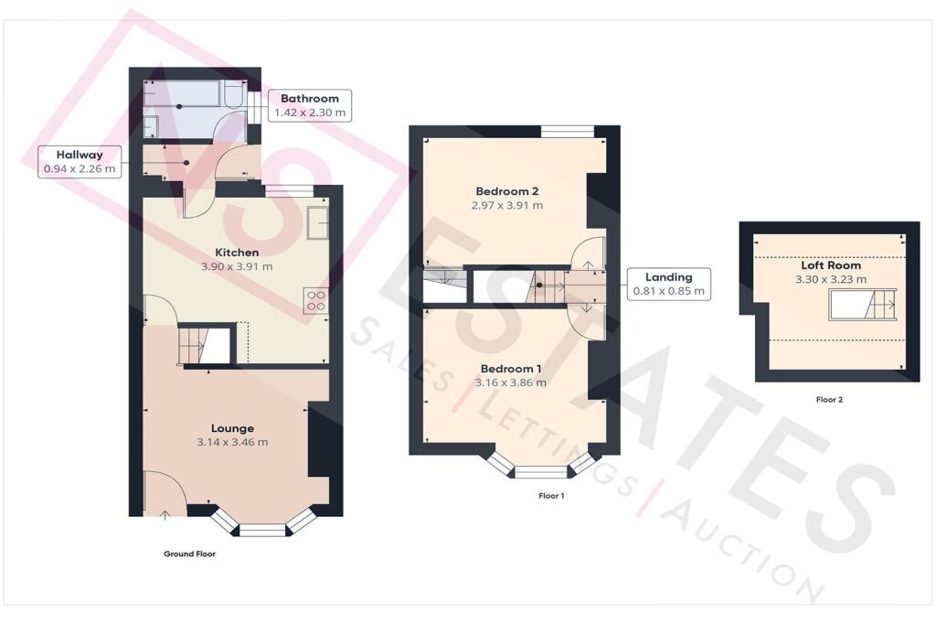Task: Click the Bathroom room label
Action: click(309, 99)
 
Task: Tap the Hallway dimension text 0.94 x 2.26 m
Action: click(80, 169)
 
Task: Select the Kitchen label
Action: click(237, 253)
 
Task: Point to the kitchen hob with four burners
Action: click(315, 300)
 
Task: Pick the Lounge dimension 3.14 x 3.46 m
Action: click(232, 443)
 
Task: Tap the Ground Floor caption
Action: click(190, 554)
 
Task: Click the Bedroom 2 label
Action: click(506, 191)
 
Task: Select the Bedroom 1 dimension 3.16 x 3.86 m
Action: click(510, 383)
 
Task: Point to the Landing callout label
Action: click(668, 277)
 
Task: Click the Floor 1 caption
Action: click(551, 496)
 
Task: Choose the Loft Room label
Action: click(831, 265)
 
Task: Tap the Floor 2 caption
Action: click(829, 400)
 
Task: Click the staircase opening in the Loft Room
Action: click(862, 305)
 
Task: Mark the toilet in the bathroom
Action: click(232, 94)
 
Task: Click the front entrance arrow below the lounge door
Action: click(165, 514)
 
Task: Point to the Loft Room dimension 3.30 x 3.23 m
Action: click(831, 279)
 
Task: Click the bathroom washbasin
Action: click(150, 126)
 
